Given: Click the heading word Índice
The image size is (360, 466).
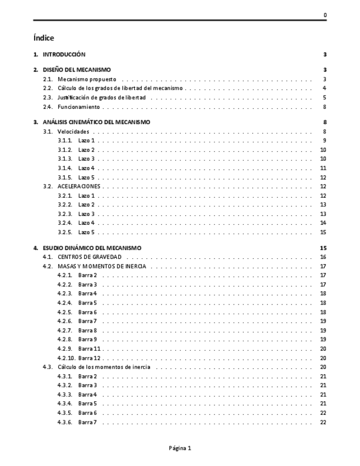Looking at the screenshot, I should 43,38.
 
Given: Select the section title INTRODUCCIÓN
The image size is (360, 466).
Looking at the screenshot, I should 64,54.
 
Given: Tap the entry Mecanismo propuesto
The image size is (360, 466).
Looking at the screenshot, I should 87,79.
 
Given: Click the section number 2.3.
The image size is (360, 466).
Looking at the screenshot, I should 48,97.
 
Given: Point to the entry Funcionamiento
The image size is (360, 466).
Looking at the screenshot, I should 79,107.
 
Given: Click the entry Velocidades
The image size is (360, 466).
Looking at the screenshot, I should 74,131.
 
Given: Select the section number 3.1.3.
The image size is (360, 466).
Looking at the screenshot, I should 65,159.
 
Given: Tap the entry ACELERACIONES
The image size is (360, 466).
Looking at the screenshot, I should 79,186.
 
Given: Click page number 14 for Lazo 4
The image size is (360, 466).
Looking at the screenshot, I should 323,223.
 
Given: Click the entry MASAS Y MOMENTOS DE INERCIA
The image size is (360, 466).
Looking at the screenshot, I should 102,266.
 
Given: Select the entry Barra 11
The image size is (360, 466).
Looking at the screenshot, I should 90,348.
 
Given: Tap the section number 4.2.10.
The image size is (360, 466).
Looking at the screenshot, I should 67,358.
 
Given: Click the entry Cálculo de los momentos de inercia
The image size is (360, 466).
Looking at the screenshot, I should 104,367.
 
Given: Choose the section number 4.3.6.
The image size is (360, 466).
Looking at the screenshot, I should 65,421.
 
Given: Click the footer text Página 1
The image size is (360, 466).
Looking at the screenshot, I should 180,448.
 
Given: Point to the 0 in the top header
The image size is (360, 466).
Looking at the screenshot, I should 325,15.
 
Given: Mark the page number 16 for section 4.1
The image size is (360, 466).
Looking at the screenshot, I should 323,257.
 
